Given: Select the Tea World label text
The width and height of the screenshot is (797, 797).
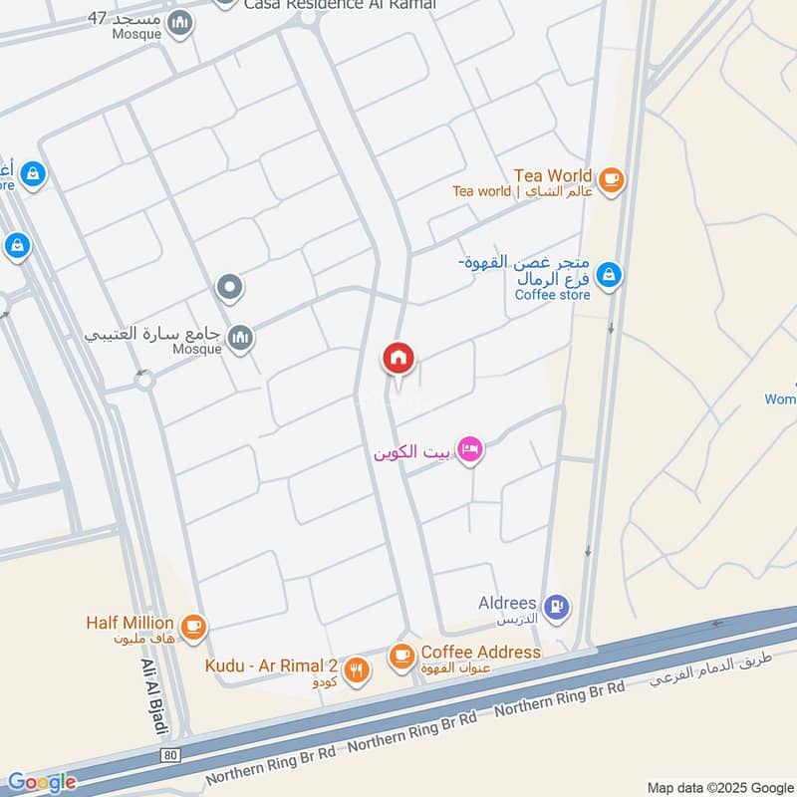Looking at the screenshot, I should pyautogui.click(x=553, y=175).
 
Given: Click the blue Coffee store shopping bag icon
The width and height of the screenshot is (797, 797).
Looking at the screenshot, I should pyautogui.click(x=609, y=275).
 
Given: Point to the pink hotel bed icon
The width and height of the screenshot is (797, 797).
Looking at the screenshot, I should pyautogui.click(x=471, y=450).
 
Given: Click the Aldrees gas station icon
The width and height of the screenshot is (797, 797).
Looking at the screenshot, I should pyautogui.click(x=558, y=605).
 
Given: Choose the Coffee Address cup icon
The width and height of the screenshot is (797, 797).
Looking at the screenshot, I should pyautogui.click(x=401, y=655).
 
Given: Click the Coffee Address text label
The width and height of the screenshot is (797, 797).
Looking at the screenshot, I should pyautogui.click(x=480, y=653).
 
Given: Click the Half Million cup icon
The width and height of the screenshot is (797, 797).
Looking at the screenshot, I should pyautogui.click(x=194, y=626).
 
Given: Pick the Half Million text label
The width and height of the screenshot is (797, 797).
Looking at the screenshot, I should pyautogui.click(x=130, y=623).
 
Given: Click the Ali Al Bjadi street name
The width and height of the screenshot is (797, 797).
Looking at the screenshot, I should pyautogui.click(x=153, y=697).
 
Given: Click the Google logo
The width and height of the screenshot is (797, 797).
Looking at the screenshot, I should pyautogui.click(x=41, y=782).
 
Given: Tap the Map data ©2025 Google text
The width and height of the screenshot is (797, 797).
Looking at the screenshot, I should pyautogui.click(x=719, y=786).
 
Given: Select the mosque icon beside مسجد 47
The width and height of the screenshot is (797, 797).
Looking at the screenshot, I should pyautogui.click(x=180, y=23).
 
